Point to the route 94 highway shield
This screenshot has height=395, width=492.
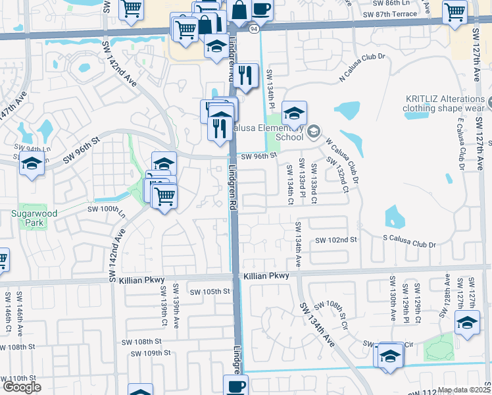(x=253, y=29)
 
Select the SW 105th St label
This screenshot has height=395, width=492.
(x=210, y=291)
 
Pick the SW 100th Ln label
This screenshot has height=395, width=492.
(x=106, y=210)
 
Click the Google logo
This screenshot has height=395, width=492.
(x=22, y=388)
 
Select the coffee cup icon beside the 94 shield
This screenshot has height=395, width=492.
(x=261, y=9)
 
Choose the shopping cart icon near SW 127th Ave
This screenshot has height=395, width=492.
(x=455, y=11)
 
